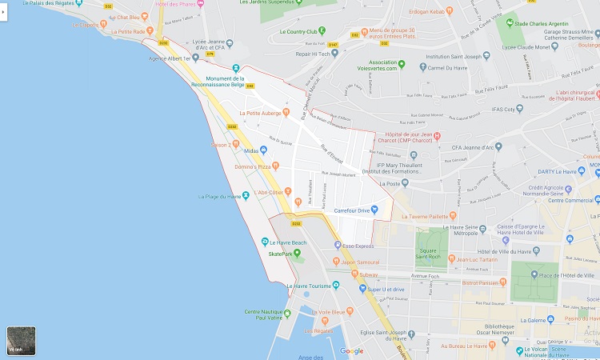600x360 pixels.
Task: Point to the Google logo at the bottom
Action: (351, 350)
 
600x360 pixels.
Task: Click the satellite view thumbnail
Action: (20, 341)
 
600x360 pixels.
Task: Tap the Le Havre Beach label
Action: (287, 242)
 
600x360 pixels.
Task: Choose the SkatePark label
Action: (282, 254)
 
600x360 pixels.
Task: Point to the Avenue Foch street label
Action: (425, 276)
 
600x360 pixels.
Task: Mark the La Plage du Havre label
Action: (219, 197)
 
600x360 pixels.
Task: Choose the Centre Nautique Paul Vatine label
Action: (267, 315)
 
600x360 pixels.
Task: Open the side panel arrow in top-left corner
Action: (4, 13)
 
